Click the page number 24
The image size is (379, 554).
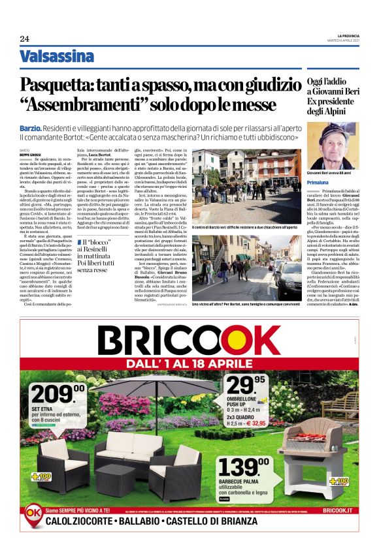point(24,39)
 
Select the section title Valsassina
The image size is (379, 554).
point(57,56)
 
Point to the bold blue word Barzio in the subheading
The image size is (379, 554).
point(32,129)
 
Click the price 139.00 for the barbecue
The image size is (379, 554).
point(242,468)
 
